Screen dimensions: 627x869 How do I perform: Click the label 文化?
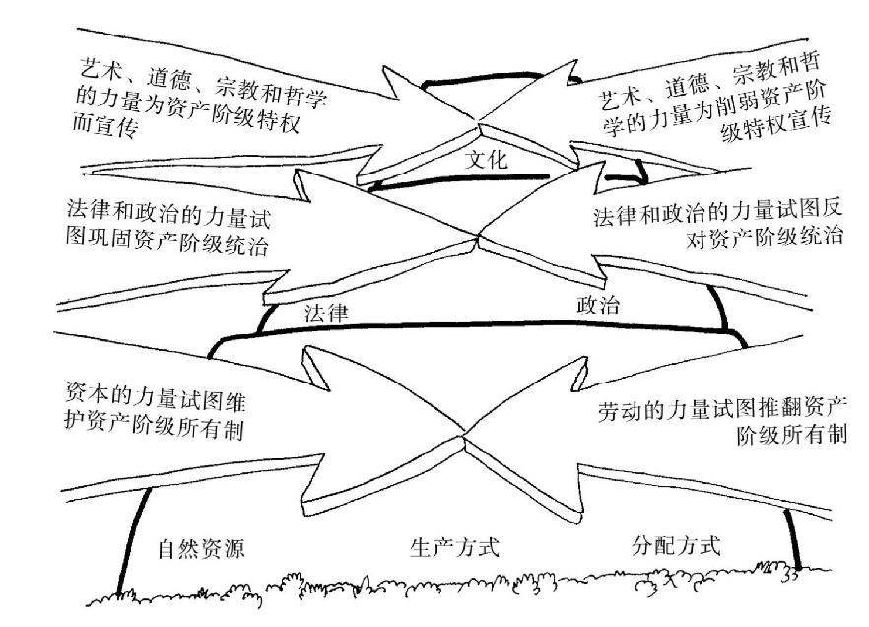coord(486,159)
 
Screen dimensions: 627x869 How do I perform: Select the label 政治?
coord(598,305)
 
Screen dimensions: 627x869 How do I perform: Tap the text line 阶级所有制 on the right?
coord(786,435)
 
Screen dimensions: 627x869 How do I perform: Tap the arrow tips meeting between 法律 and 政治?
coord(477,238)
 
